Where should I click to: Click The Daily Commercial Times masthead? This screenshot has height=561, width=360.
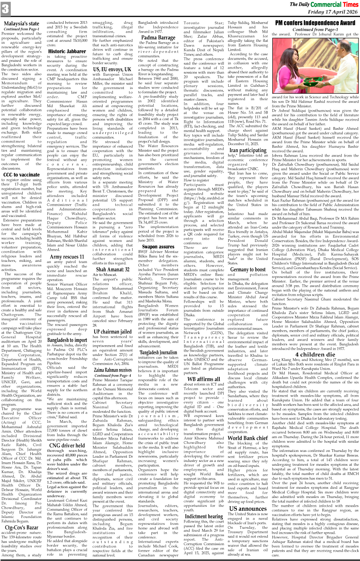pyautogui.click(x=324, y=4)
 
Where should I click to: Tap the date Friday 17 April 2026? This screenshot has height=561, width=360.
pyautogui.click(x=333, y=12)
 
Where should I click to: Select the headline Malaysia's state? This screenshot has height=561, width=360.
pyautogui.click(x=22, y=24)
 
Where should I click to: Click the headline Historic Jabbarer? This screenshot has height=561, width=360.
pyautogui.click(x=67, y=51)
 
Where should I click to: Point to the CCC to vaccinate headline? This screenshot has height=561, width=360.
pyautogui.click(x=22, y=175)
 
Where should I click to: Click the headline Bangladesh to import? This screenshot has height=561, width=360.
pyautogui.click(x=67, y=340)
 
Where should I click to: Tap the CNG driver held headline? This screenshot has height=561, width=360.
pyautogui.click(x=67, y=445)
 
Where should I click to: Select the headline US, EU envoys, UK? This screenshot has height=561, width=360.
pyautogui.click(x=113, y=70)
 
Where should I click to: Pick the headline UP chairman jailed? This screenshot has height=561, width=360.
pyautogui.click(x=113, y=331)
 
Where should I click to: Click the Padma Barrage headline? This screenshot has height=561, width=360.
pyautogui.click(x=158, y=38)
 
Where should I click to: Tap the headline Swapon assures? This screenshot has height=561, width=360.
pyautogui.click(x=158, y=247)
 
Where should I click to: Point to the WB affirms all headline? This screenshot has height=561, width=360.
pyautogui.click(x=204, y=379)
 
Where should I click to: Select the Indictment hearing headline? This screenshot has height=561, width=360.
pyautogui.click(x=204, y=516)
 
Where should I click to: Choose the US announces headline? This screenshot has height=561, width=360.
pyautogui.click(x=248, y=508)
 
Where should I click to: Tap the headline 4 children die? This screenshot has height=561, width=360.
pyautogui.click(x=315, y=354)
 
